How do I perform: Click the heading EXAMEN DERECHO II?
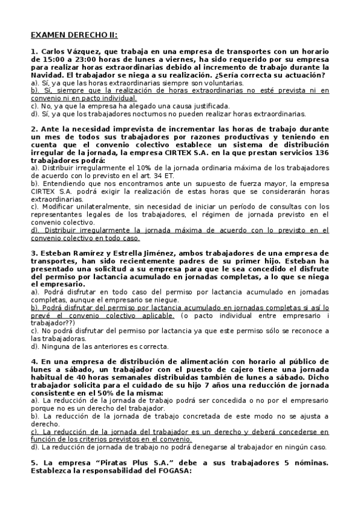(75, 35)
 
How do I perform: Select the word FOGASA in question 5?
(170, 471)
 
